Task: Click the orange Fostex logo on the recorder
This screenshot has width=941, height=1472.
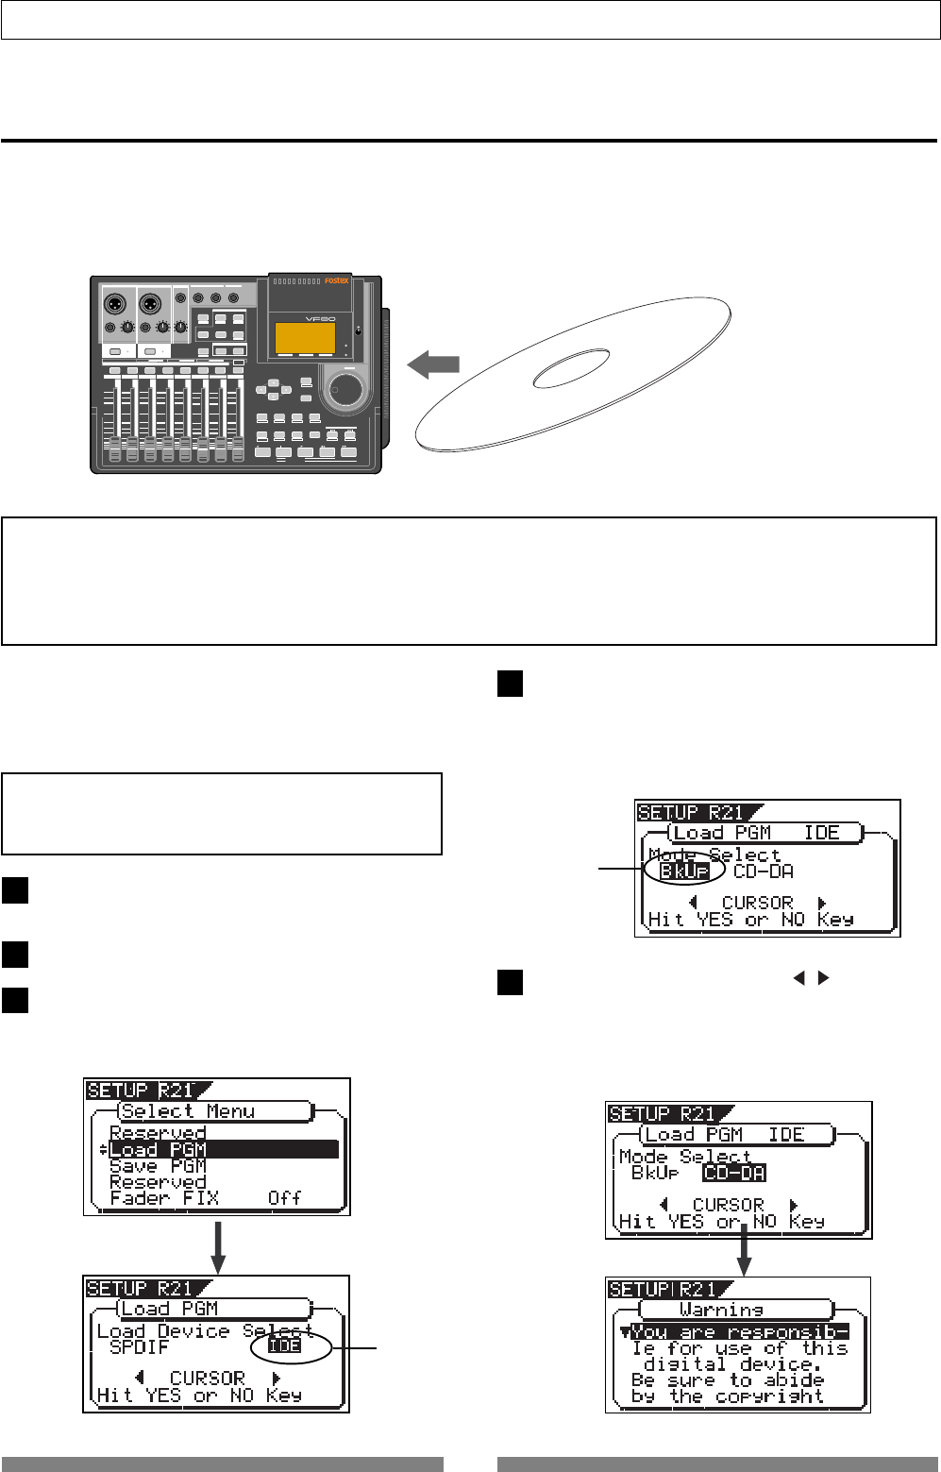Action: [x=337, y=280]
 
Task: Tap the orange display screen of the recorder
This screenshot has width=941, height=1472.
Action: [x=305, y=338]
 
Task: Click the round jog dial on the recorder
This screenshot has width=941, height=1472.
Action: [x=346, y=388]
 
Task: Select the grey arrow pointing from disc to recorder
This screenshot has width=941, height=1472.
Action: [x=433, y=365]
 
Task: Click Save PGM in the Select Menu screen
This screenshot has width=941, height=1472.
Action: [x=158, y=1166]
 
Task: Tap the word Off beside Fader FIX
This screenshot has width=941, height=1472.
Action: [x=284, y=1198]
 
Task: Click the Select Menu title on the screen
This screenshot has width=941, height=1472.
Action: [x=188, y=1111]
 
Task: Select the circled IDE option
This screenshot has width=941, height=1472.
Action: [x=285, y=1346]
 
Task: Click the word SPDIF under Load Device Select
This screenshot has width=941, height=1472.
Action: [x=139, y=1347]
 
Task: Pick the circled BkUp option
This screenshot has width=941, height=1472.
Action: [x=684, y=871]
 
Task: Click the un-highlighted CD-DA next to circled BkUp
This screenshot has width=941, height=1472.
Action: [x=764, y=871]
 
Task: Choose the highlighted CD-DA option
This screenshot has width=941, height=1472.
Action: [x=734, y=1173]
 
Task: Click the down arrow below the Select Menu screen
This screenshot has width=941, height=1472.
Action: [x=218, y=1246]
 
